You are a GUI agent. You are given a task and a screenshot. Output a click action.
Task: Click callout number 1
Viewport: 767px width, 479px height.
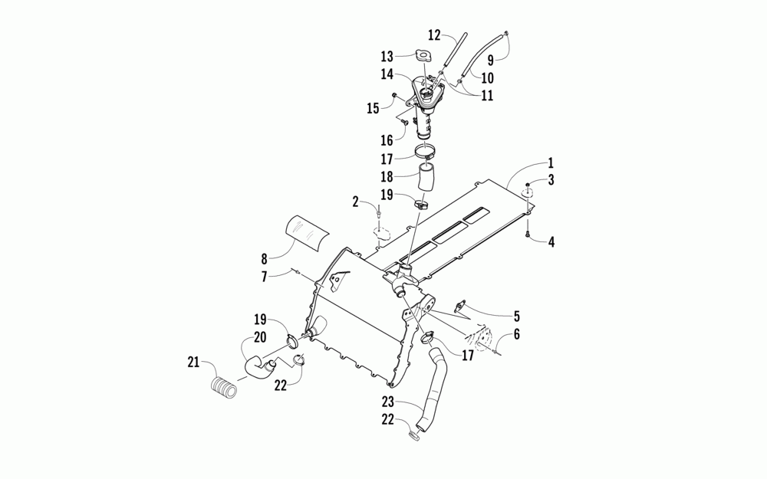(x=550, y=163)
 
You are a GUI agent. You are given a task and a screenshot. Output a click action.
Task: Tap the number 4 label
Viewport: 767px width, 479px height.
(x=550, y=241)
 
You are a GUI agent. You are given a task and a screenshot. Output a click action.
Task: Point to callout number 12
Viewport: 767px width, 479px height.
(x=434, y=34)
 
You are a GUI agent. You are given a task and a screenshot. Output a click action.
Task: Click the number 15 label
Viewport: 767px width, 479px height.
(x=374, y=108)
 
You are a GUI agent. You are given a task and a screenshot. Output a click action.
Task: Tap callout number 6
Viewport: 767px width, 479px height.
(x=516, y=335)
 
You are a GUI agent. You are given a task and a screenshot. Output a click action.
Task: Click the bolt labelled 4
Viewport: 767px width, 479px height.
(x=528, y=231)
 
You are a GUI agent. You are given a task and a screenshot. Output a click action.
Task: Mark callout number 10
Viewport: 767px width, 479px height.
(x=487, y=77)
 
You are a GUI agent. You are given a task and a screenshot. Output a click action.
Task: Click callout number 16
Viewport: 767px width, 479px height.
(x=386, y=140)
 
